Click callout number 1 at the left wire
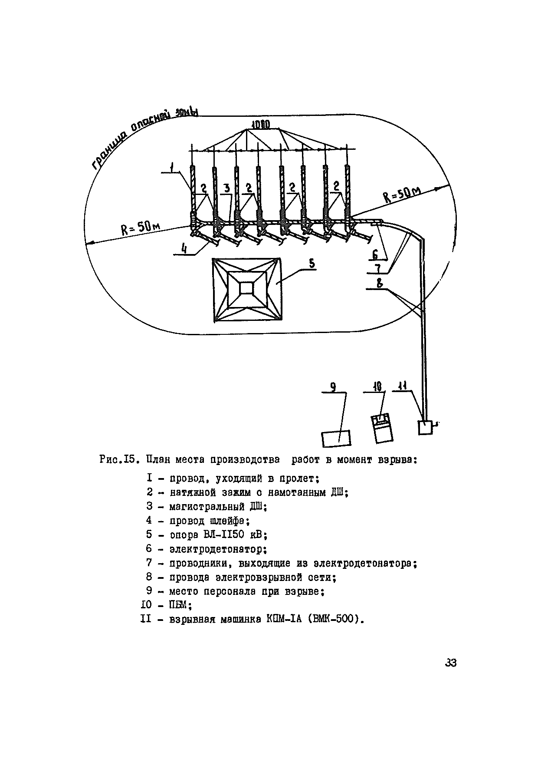[x=172, y=167]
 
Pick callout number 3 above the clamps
[x=226, y=188]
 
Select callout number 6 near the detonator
[x=375, y=254]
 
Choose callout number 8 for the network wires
[x=379, y=284]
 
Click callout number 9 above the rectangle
[x=333, y=387]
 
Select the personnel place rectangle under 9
[x=336, y=438]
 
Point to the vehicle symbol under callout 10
[x=381, y=429]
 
